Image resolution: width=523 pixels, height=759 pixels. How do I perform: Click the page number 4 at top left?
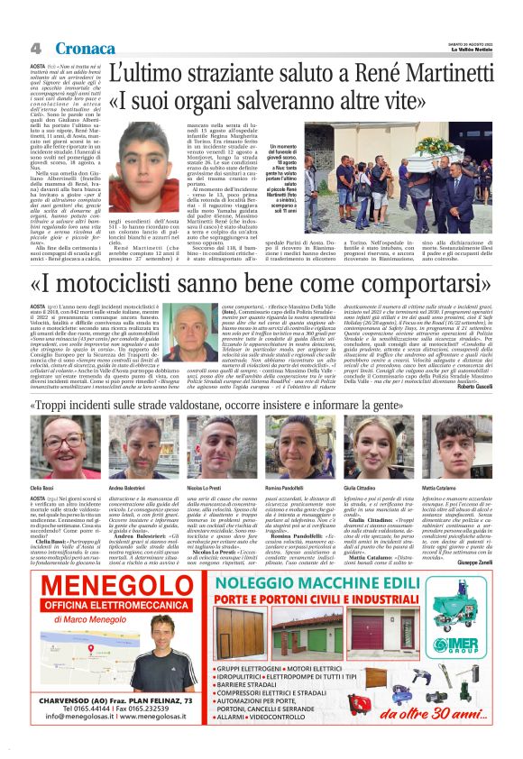pyautogui.click(x=35, y=48)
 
